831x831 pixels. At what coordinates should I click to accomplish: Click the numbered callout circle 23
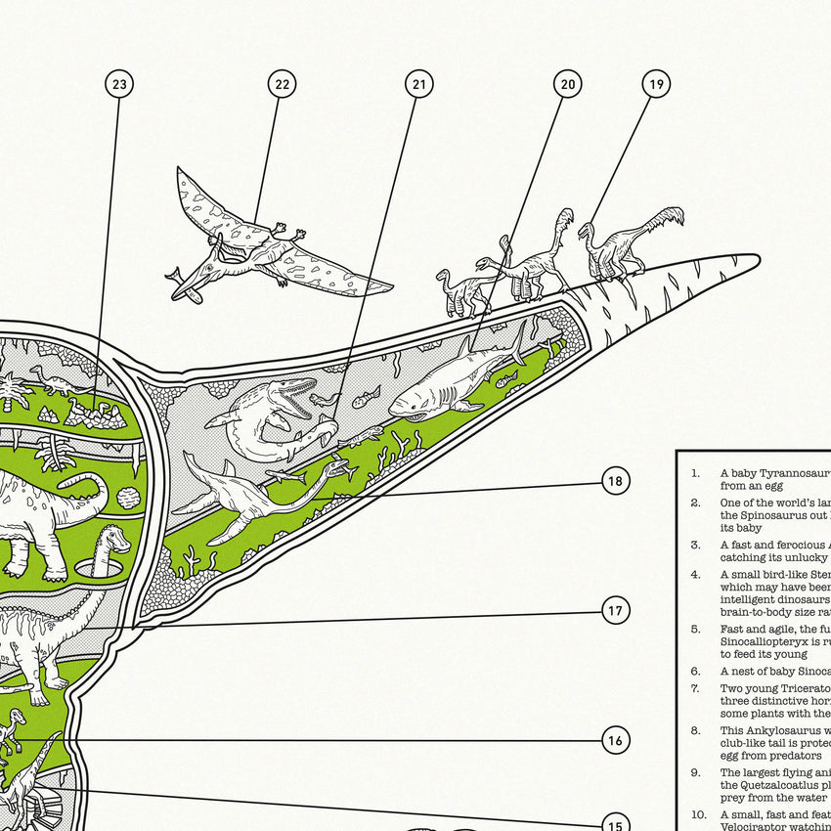point(119,85)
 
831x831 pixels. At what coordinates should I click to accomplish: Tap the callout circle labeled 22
point(282,85)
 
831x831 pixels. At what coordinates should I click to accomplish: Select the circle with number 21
point(419,85)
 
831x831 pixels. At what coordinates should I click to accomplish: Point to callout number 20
point(567,85)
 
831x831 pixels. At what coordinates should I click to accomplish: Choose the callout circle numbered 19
point(656,85)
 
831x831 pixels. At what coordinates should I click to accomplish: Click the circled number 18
point(615,481)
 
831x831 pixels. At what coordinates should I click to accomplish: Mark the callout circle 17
point(615,611)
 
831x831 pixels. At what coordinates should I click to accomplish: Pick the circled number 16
point(615,740)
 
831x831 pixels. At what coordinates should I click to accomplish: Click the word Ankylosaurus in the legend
point(771,730)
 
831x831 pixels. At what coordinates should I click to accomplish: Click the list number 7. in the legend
point(695,688)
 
